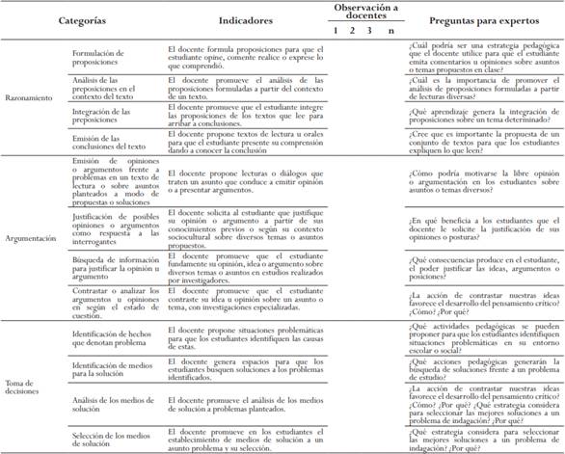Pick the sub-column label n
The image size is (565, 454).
point(390,30)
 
